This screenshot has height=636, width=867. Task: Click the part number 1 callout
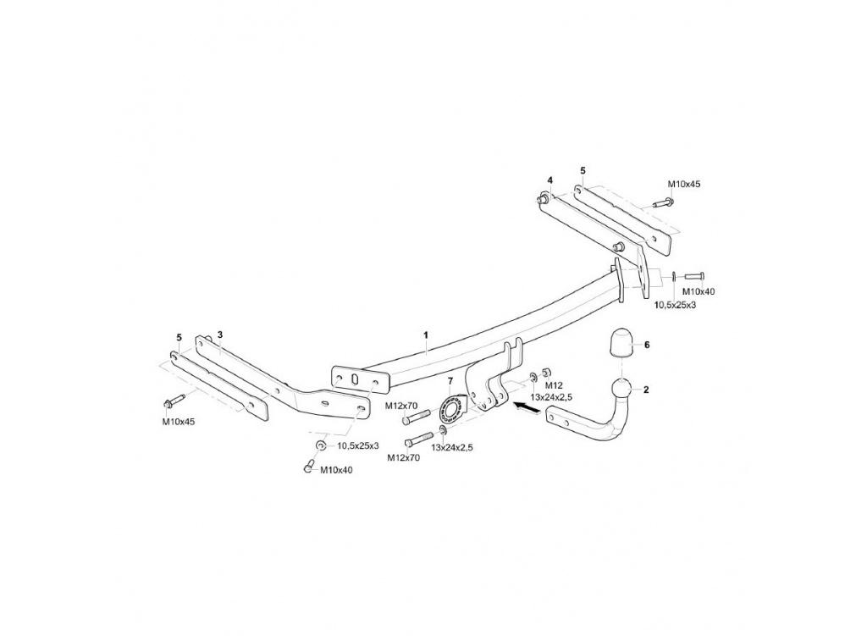(x=426, y=335)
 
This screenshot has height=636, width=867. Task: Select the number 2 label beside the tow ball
(x=646, y=390)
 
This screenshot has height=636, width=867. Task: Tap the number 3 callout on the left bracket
(x=220, y=335)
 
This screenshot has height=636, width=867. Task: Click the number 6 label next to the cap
(x=646, y=345)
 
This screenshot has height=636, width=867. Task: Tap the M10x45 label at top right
(x=683, y=184)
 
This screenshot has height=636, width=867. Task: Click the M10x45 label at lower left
(x=178, y=422)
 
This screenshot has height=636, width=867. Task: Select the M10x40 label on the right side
(x=699, y=291)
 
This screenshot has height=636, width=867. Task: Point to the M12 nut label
(x=554, y=385)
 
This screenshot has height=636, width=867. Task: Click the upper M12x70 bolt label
(x=402, y=406)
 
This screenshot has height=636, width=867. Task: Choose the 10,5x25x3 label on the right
(x=675, y=305)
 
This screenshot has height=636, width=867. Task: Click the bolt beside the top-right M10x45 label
(x=662, y=202)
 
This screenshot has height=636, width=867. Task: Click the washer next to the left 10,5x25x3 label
(x=320, y=445)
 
